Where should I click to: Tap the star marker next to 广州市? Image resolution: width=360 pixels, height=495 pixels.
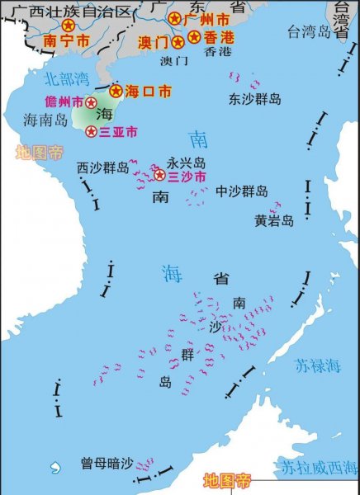[175, 17]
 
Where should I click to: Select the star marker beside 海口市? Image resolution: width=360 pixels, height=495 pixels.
[116, 90]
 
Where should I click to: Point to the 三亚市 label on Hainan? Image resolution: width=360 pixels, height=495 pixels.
[118, 131]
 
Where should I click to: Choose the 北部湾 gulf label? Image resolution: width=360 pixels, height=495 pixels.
[64, 79]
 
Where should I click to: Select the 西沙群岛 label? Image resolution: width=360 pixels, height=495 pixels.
[103, 167]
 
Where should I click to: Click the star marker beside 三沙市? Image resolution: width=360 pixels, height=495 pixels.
[160, 175]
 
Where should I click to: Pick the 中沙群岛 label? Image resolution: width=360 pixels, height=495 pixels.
[242, 191]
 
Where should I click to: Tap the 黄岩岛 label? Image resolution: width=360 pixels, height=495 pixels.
[274, 220]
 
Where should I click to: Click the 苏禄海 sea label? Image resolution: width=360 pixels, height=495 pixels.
[317, 365]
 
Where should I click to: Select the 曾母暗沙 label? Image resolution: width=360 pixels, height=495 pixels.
[107, 463]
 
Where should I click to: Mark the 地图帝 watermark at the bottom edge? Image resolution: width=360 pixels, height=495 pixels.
[227, 480]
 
